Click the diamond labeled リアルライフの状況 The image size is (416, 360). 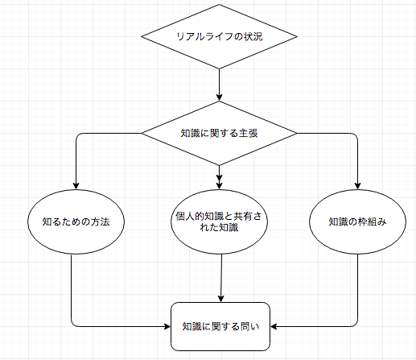tap(219, 36)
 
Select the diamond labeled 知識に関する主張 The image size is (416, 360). tap(219, 133)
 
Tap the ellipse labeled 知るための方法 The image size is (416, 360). tap(76, 221)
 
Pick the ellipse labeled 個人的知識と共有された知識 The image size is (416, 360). tap(219, 221)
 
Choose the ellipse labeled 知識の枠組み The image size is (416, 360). tap(357, 221)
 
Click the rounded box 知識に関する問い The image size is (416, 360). tap(220, 326)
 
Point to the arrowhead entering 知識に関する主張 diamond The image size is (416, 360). tap(219, 97)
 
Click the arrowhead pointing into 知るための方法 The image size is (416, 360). tap(76, 186)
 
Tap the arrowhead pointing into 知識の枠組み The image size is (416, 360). tap(357, 186)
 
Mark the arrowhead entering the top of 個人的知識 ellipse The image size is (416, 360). tap(219, 184)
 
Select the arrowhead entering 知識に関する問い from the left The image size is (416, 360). tap(167, 326)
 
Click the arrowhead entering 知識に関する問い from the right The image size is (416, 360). tap(274, 326)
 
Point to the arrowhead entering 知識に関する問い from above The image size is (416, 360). tap(220, 299)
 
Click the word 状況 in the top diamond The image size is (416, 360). tap(253, 36)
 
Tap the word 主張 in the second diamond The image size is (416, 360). tap(249, 133)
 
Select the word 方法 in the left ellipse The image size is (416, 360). tap(100, 221)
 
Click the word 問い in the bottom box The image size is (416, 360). tap(249, 326)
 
